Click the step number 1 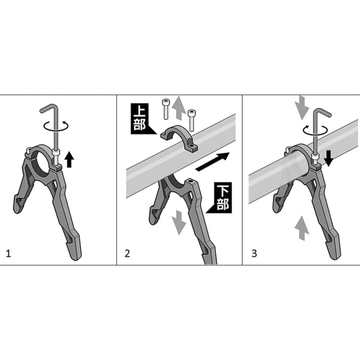[x=8, y=254]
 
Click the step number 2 [x=127, y=253]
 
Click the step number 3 [x=254, y=253]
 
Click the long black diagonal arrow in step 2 [x=212, y=162]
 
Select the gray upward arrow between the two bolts [x=179, y=108]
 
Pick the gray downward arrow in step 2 [x=179, y=223]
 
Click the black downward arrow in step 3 [x=328, y=158]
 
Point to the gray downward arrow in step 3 [x=302, y=108]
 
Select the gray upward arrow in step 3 [x=302, y=228]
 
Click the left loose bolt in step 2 [x=166, y=109]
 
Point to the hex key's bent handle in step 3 [x=323, y=112]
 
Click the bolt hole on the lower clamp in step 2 [x=190, y=181]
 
